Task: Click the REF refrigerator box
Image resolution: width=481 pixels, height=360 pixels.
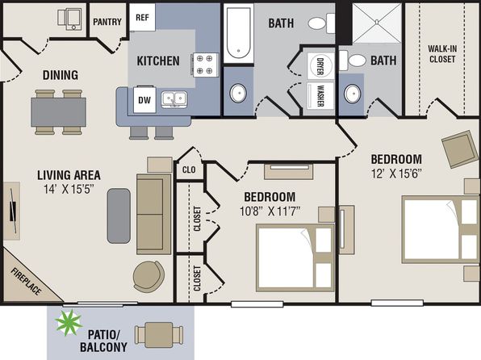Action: coord(142,17)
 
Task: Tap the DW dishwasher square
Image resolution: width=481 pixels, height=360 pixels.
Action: coord(144,99)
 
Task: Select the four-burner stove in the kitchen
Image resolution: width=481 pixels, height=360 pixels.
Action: coord(205,65)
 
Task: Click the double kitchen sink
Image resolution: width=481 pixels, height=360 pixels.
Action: coord(174,99)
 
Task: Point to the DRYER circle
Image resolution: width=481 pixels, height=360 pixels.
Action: coord(320,66)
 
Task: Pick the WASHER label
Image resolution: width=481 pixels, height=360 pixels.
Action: coord(320,95)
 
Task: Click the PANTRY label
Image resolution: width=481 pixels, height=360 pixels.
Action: coord(107,22)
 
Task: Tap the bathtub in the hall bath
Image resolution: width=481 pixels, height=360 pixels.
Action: coord(239,33)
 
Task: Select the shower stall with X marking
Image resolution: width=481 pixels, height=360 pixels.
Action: coord(377,23)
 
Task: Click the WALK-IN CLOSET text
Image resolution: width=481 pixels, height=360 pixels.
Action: coord(442,54)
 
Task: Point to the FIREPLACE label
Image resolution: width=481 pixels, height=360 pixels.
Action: coord(26,281)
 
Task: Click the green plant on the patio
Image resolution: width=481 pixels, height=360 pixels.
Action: coord(69,323)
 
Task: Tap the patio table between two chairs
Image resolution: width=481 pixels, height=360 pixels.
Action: coord(159,335)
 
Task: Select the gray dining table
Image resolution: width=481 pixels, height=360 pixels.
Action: coord(58,112)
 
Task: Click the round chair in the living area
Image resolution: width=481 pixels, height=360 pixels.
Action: coord(148,277)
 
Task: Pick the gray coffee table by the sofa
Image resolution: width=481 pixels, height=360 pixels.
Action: coord(119,216)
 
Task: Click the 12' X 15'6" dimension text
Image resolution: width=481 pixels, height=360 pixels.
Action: coord(395,174)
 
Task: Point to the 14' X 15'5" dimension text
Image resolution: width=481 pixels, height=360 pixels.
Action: coord(69,190)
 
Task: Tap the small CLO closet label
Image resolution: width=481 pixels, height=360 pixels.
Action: coord(189,170)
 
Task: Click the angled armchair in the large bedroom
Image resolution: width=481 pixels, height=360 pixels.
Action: coord(460,149)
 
